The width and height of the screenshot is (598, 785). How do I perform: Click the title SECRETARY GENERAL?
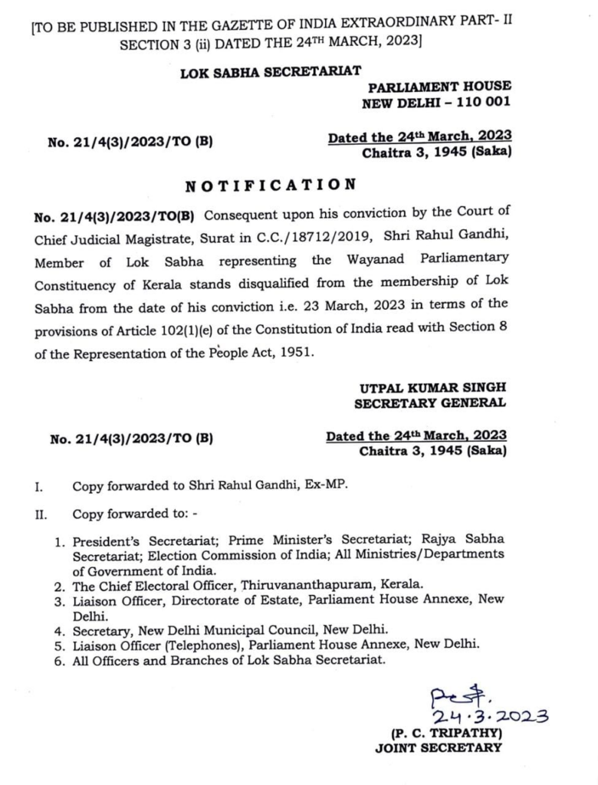point(429,403)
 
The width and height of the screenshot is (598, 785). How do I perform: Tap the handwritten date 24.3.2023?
point(490,716)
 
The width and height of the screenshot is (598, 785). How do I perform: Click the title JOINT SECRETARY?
point(438,748)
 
